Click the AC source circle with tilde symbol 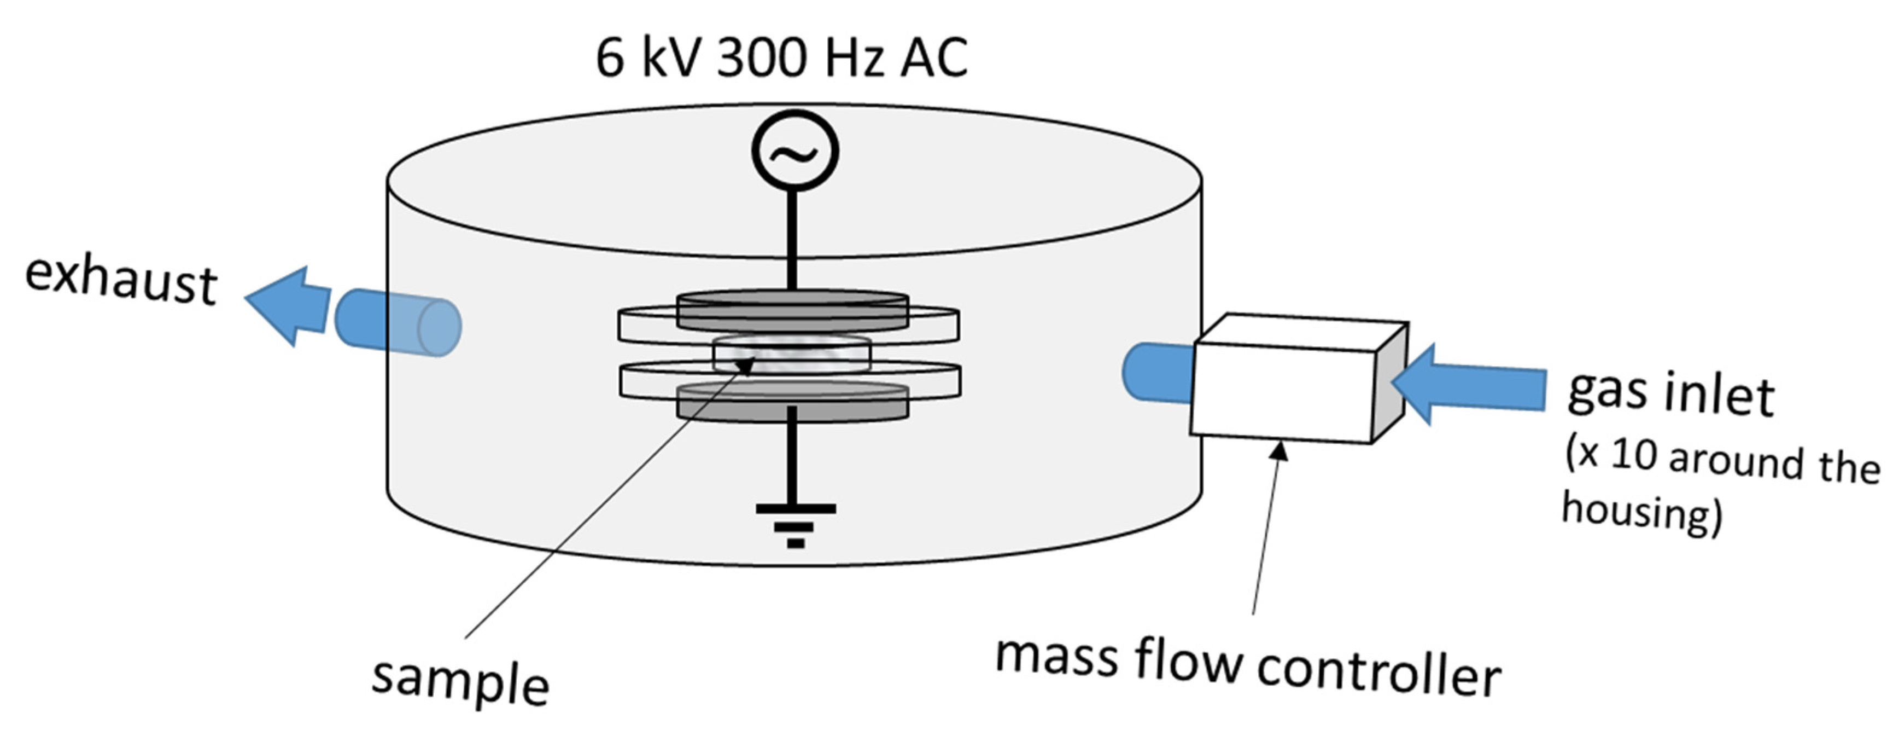click(x=794, y=150)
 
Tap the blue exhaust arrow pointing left click(x=289, y=305)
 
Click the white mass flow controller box click(x=1283, y=391)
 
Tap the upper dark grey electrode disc click(x=792, y=310)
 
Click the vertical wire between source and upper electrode click(x=792, y=240)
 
